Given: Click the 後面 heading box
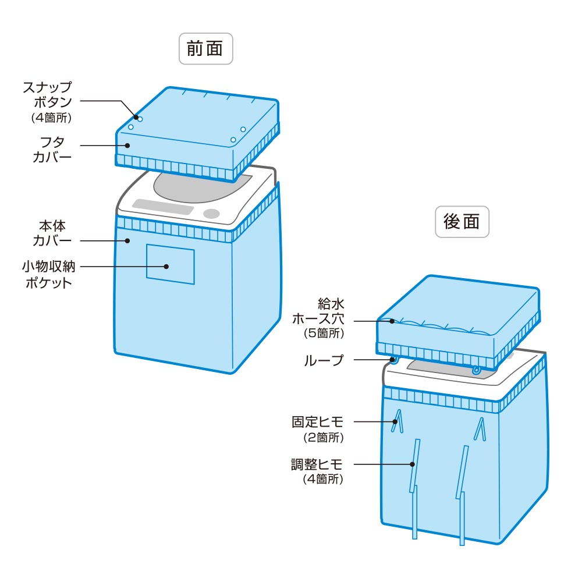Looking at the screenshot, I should pyautogui.click(x=462, y=222).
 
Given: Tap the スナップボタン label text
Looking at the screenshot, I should pyautogui.click(x=48, y=94).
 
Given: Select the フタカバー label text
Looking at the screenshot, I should pyautogui.click(x=53, y=150).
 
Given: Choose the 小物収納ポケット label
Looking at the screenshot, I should pyautogui.click(x=49, y=275).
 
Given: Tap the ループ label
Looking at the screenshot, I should pyautogui.click(x=324, y=360).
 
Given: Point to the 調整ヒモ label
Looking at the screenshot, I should pyautogui.click(x=318, y=464).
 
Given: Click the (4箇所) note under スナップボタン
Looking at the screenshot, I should pyautogui.click(x=50, y=118).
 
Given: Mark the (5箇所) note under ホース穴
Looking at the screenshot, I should pyautogui.click(x=324, y=334).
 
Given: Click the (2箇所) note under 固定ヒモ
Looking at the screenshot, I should pyautogui.click(x=324, y=437).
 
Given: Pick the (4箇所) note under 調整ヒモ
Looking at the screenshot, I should pyautogui.click(x=324, y=480).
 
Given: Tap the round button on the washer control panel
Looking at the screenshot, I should pyautogui.click(x=212, y=214).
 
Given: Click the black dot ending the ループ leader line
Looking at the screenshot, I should pyautogui.click(x=393, y=360).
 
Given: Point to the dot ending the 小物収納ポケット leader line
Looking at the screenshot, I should pyautogui.click(x=166, y=267).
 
